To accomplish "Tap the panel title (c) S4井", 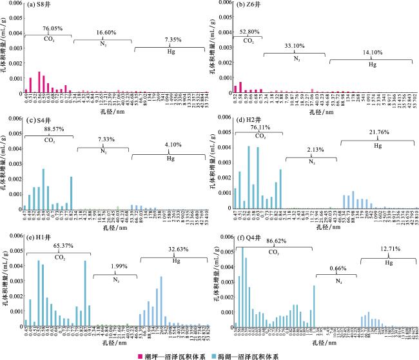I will tap(40, 120).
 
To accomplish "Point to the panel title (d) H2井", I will tap(251, 120).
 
